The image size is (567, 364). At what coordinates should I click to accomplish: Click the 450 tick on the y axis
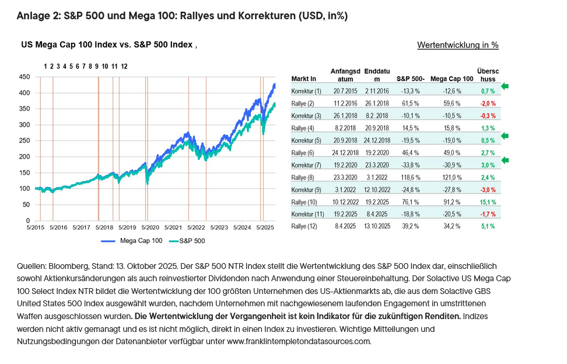[24, 76]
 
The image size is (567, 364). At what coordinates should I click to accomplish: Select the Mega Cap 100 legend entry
[124, 240]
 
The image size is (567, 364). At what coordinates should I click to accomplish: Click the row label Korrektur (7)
[306, 166]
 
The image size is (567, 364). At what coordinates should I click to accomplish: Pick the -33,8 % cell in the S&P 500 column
[409, 166]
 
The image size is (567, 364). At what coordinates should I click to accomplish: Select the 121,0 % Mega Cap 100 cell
[452, 177]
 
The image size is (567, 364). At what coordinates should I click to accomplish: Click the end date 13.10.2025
[377, 226]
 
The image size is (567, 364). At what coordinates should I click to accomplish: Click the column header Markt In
[303, 78]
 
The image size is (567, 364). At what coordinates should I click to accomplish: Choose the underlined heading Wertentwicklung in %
[457, 45]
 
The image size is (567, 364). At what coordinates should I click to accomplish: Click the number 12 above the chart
[124, 66]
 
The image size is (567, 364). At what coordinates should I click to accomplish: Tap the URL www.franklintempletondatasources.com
[299, 341]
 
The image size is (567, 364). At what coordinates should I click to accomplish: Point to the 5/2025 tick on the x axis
[265, 228]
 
